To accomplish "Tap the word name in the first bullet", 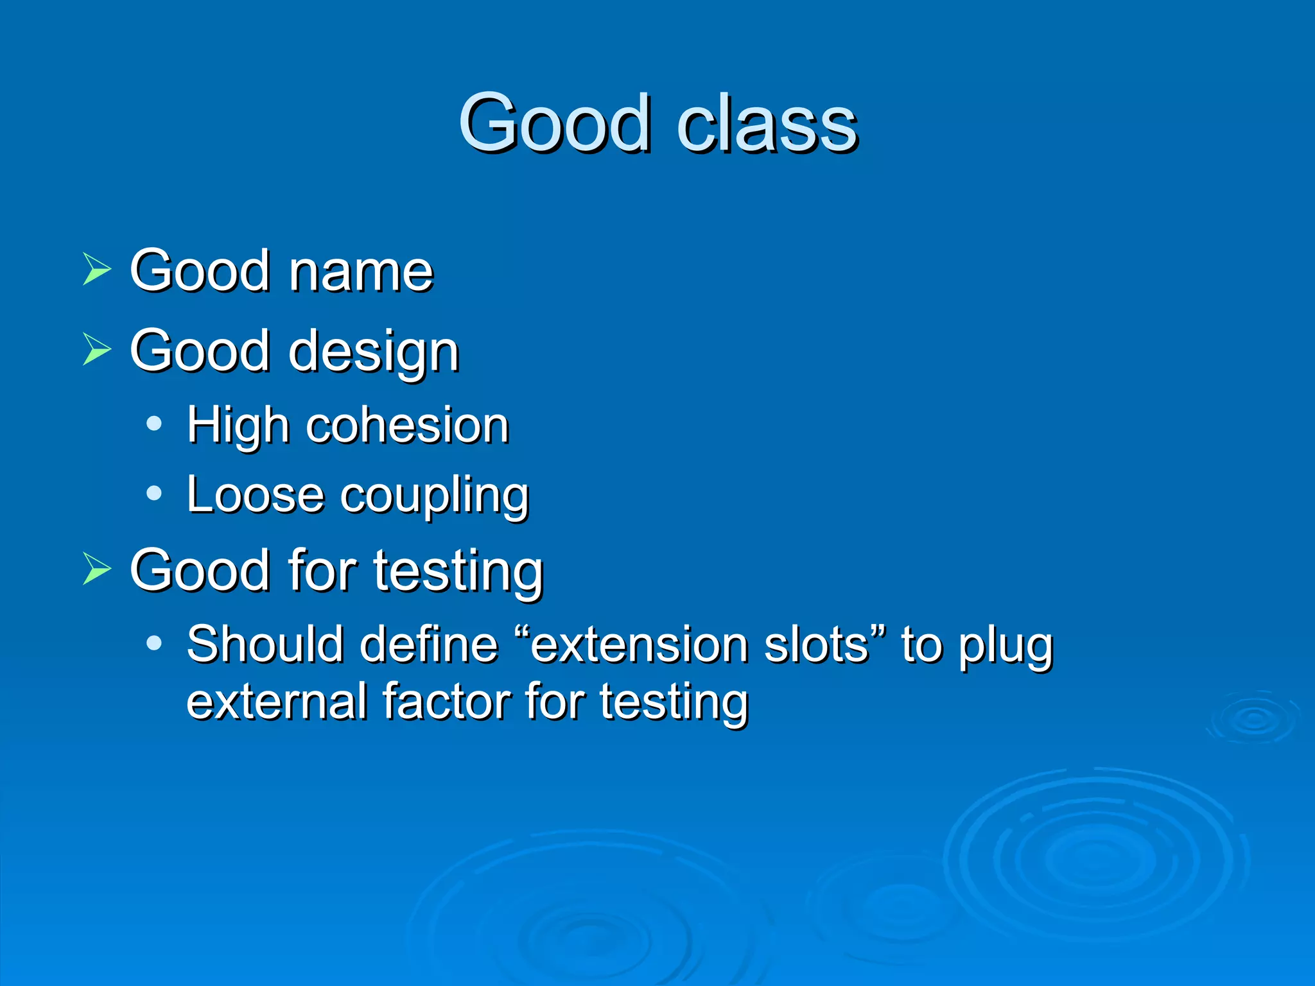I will click(361, 271).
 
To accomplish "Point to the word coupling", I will click(434, 496).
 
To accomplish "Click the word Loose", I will click(255, 495).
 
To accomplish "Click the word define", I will click(429, 644).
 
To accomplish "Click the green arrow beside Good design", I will click(96, 349).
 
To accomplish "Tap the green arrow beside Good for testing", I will click(96, 569).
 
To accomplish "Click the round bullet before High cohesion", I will click(153, 424).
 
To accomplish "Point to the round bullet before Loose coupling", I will click(153, 493).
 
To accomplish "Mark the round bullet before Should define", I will click(153, 642).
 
